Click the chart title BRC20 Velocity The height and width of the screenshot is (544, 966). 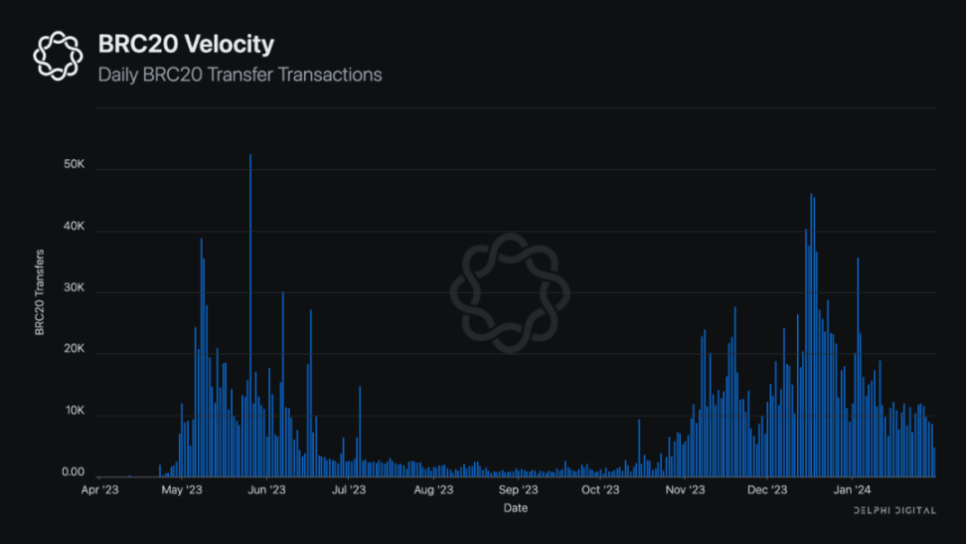coord(185,44)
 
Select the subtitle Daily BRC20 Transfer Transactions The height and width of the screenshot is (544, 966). coord(240,75)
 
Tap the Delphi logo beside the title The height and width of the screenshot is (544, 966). coord(58,55)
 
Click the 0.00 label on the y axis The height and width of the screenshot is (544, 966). coord(73,473)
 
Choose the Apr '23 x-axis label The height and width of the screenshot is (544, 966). coord(99,490)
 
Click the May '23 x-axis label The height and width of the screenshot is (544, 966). coord(182,490)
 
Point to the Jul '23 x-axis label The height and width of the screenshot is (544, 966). coord(350,490)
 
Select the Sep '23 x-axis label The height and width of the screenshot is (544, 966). coord(517,490)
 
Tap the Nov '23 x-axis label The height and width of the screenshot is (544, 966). coord(685,490)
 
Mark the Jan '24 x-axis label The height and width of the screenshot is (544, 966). coord(852,490)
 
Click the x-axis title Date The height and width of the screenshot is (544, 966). coord(515,508)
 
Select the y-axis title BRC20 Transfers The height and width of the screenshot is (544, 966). coord(40,291)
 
